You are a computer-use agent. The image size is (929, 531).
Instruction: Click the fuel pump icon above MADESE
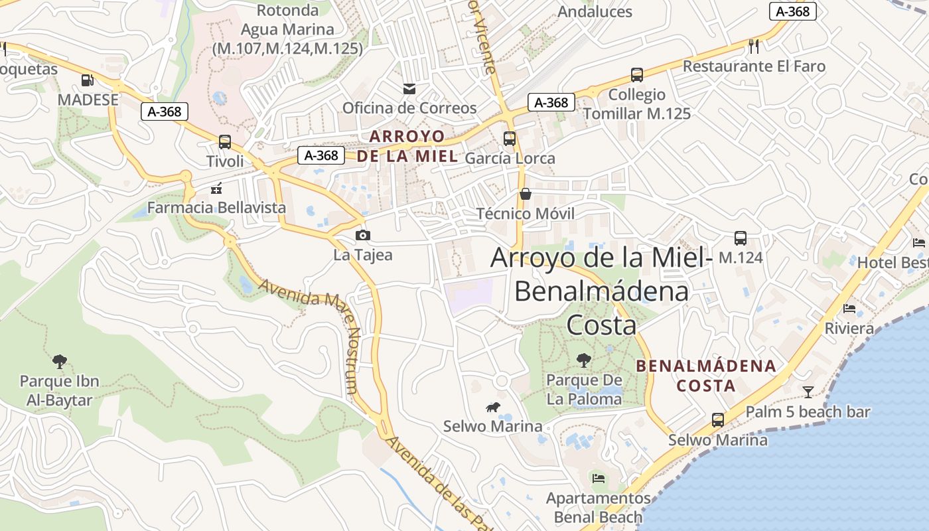(x=86, y=80)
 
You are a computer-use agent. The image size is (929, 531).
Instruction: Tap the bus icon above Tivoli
(x=225, y=141)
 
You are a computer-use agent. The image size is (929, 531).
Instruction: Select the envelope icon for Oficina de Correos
(x=409, y=88)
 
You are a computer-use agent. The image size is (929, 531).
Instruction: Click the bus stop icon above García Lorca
(x=510, y=139)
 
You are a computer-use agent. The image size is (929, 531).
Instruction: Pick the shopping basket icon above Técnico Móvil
(x=526, y=194)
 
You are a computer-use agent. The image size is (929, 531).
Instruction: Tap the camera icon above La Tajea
(x=362, y=235)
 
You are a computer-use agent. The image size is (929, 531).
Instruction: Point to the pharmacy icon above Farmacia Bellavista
(x=216, y=189)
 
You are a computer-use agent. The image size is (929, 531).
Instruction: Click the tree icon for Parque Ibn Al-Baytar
(x=60, y=362)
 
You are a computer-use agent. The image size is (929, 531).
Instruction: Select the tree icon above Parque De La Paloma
(x=584, y=360)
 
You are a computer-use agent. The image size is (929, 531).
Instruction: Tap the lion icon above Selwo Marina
(x=492, y=407)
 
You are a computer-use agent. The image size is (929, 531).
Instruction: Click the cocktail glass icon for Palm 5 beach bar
(x=808, y=392)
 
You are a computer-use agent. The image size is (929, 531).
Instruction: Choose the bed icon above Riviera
(x=849, y=309)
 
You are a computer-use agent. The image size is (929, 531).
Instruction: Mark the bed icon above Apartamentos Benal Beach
(x=599, y=478)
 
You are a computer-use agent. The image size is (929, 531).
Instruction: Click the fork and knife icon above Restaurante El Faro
(x=753, y=46)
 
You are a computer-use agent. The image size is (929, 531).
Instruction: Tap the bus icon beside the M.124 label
(x=741, y=238)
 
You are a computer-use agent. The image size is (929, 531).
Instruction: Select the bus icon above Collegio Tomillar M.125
(x=637, y=75)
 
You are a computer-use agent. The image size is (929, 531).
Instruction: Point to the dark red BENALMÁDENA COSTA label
(x=705, y=375)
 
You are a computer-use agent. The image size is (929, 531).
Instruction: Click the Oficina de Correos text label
(x=409, y=108)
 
